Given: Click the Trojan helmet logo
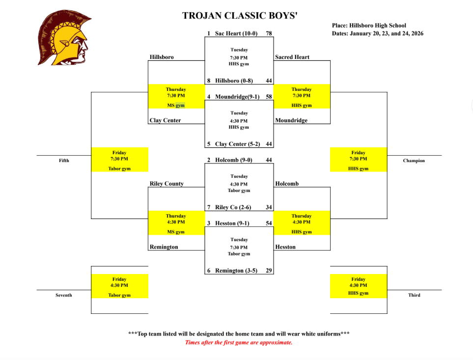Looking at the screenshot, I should [x=64, y=38].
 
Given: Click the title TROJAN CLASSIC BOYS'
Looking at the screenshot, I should [x=240, y=16].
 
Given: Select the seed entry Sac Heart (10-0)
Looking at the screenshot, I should [x=235, y=33].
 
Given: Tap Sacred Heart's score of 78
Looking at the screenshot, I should [x=269, y=33].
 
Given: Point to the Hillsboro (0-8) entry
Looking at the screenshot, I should [x=234, y=81].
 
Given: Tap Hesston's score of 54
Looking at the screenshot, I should [x=269, y=223].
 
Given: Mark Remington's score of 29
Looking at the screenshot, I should [x=269, y=271].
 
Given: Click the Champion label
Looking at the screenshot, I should [x=414, y=161].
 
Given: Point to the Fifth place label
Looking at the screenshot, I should [x=64, y=161].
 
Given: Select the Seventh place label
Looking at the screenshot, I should [x=64, y=295].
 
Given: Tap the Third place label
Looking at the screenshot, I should [x=414, y=295].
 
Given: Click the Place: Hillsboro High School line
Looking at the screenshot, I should [x=369, y=26].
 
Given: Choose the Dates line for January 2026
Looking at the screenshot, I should [x=377, y=33].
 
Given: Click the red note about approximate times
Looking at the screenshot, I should [x=239, y=343].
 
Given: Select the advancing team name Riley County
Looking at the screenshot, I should [x=167, y=184].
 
